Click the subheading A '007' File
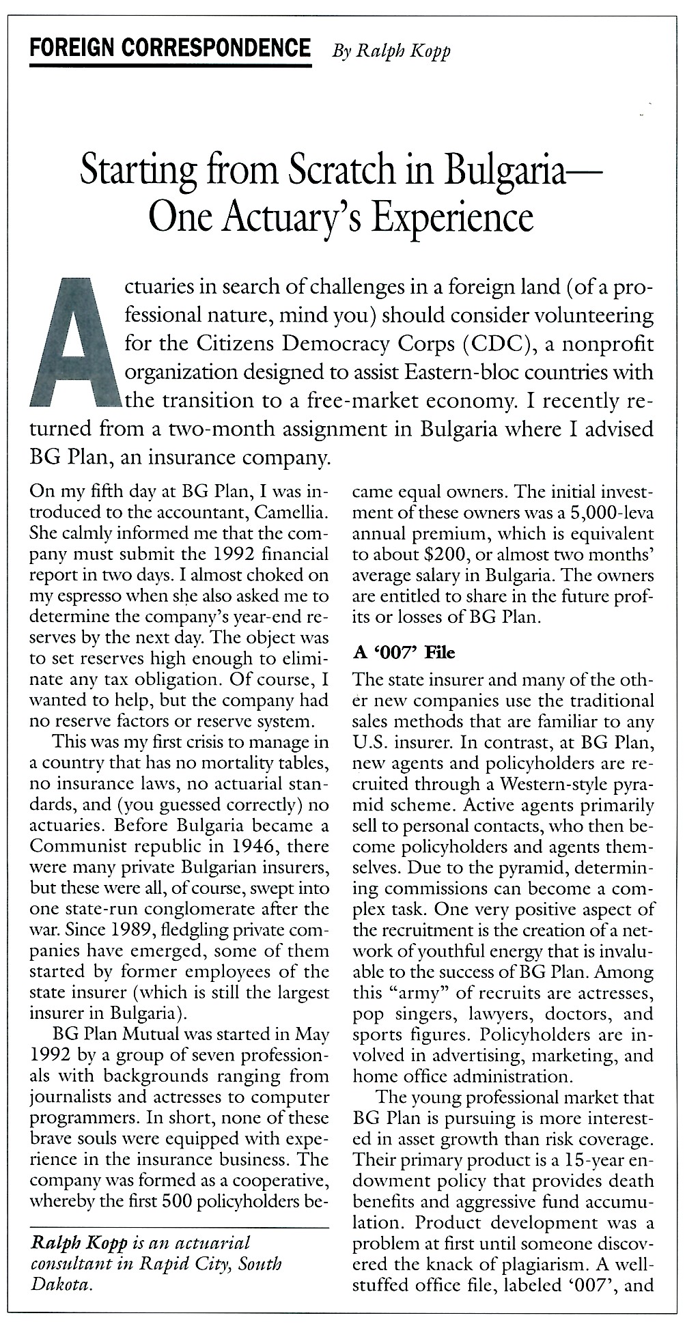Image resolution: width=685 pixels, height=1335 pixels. tap(404, 653)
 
